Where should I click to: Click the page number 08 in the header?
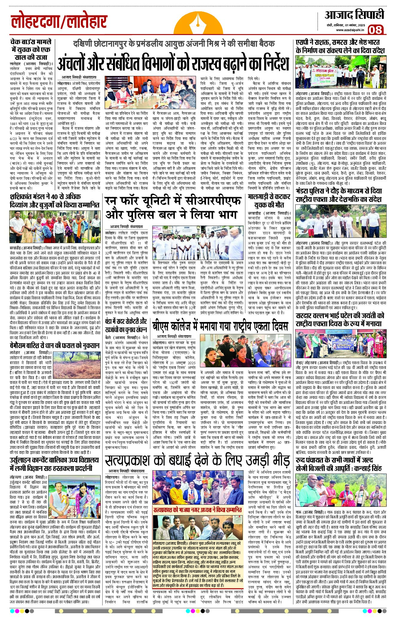pyautogui.click(x=375, y=30)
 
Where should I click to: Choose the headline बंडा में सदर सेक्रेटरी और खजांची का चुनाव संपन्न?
pyautogui.click(x=126, y=325)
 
